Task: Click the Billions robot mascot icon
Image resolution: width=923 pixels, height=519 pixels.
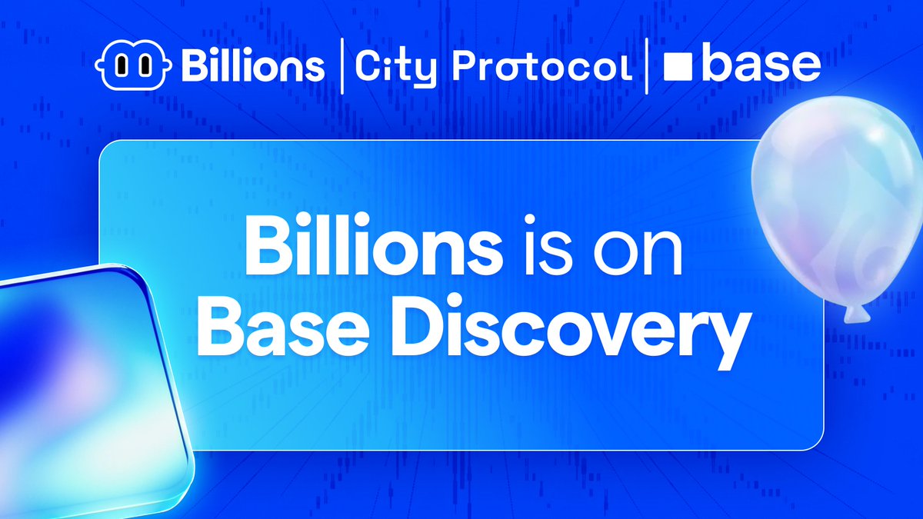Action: click(133, 66)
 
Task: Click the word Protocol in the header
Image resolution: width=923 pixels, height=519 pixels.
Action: click(542, 68)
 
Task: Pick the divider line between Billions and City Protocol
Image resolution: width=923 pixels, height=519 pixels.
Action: click(342, 66)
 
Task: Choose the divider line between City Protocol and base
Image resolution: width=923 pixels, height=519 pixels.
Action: click(647, 66)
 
